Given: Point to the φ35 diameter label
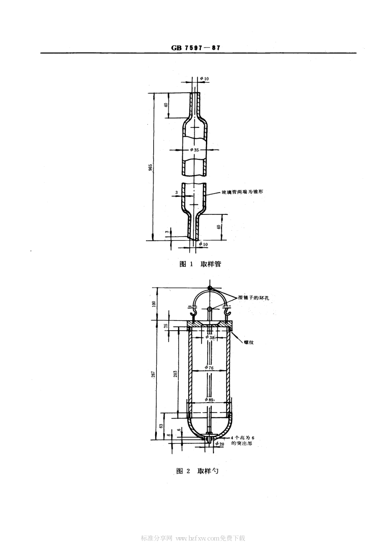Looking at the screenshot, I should coord(195,150).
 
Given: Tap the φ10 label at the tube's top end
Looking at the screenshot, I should coord(204,78).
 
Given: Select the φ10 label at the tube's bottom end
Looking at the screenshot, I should coord(202,244).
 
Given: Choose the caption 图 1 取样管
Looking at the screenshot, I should coord(200,264).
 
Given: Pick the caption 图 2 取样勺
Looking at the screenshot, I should coord(197,471).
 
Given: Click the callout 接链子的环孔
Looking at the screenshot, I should coord(254,297).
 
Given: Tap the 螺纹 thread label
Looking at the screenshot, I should coord(249,342).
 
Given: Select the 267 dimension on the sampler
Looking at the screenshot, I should coord(154,374).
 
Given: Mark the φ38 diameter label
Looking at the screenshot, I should coord(209,337).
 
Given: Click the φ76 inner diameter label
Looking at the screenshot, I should coord(209,368).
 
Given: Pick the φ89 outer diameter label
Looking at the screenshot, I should coord(209,400).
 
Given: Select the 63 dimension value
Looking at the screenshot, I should coord(161,426).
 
